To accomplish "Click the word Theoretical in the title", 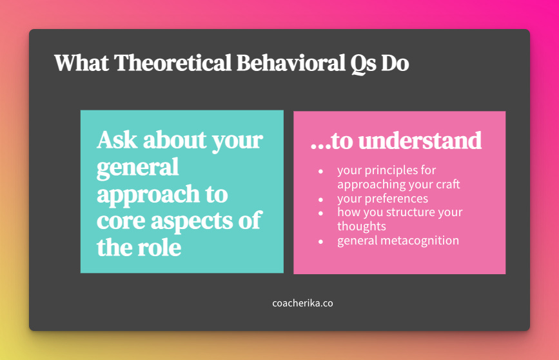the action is [x=173, y=63].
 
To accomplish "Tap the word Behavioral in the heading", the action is [x=291, y=63].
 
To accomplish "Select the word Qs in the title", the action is [x=363, y=65].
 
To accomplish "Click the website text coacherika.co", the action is [x=302, y=303].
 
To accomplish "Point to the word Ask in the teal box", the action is [x=117, y=139].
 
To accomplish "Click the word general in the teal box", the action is [x=137, y=168].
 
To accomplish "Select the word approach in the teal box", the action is [x=148, y=195].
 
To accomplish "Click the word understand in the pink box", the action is [x=420, y=141].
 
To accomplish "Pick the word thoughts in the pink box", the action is [x=362, y=226].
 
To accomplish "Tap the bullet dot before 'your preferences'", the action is [x=321, y=199].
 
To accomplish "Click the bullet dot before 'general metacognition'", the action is [x=321, y=241].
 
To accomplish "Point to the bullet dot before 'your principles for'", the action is [x=321, y=171].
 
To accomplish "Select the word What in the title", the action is [x=82, y=63].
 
